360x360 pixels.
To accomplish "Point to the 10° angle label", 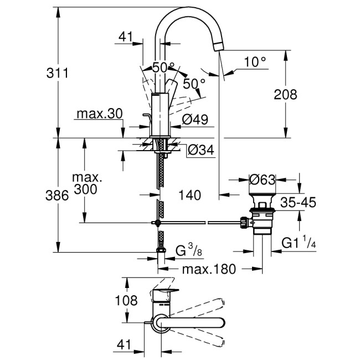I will point(255,61).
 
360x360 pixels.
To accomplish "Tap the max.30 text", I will point(99,115).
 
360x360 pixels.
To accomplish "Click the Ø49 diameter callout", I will point(194,119).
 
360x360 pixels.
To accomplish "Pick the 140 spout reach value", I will point(190,195).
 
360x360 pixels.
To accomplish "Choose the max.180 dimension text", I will point(210,269).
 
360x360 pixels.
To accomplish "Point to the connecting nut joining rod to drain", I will point(243,223).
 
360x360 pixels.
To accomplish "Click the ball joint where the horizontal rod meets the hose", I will point(158,223).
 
